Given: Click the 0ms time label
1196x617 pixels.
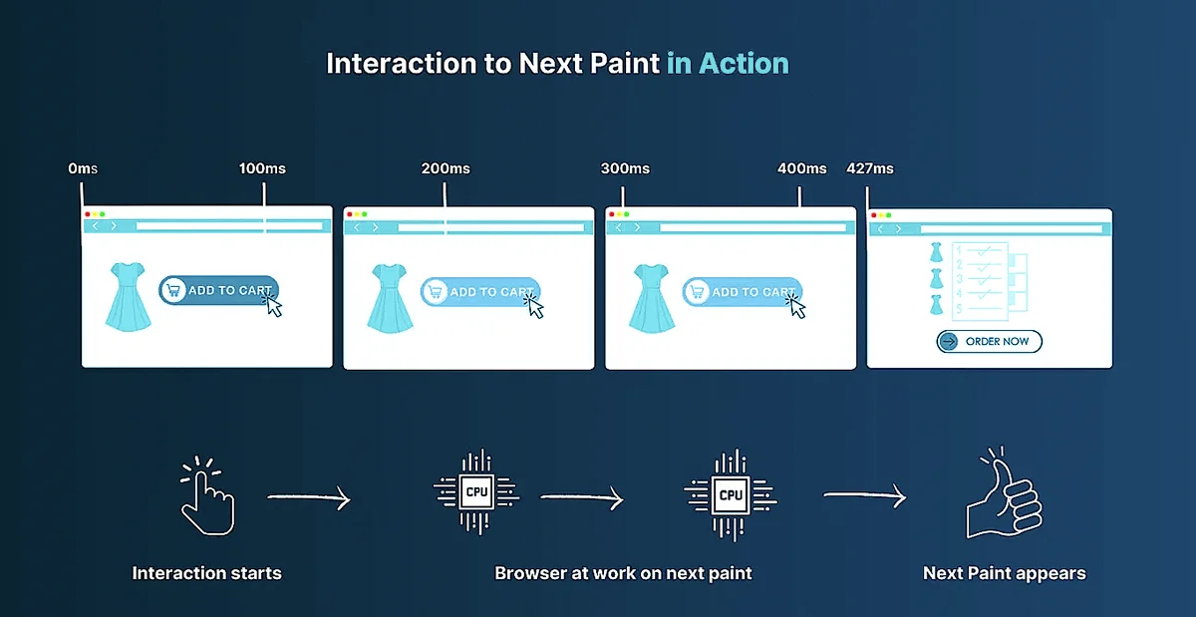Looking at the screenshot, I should [83, 168].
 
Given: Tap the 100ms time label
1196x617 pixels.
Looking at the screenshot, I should [262, 168].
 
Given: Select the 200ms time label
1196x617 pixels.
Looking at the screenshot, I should [446, 168].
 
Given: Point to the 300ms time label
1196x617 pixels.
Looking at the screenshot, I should [625, 168].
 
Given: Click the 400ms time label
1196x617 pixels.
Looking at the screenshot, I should [801, 168].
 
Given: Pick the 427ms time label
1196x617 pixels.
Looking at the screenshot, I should [869, 168].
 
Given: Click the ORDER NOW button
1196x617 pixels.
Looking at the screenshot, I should [989, 342].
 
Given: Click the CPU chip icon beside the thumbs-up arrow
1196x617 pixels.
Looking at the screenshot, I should [731, 494].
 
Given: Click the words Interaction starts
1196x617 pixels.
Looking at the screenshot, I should [207, 573].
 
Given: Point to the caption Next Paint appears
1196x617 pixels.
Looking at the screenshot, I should [1004, 573].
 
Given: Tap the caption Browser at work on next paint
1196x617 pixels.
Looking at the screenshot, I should [623, 573].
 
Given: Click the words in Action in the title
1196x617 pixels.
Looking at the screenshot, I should [728, 64].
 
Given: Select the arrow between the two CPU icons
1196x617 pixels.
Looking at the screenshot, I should [581, 496].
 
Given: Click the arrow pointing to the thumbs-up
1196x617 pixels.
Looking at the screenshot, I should [864, 495].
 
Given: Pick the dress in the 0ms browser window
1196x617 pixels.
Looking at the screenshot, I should [128, 296].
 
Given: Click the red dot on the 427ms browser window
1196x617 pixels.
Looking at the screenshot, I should [874, 214].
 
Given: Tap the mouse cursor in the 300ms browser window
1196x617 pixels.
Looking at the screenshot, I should [796, 305].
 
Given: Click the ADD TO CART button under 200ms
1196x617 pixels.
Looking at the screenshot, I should [480, 291].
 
